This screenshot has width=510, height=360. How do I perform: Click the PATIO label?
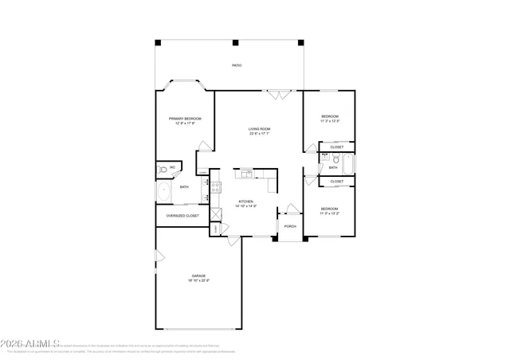click(x=237, y=65)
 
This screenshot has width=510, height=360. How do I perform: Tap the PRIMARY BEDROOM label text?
click(x=184, y=118)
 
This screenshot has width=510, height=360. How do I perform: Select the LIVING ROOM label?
click(x=259, y=129)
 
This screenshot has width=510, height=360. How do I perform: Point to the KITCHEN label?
click(x=245, y=202)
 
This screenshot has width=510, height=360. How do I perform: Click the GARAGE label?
click(x=198, y=276)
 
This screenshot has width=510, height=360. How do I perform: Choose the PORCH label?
click(x=290, y=225)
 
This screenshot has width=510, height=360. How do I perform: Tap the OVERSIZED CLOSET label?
click(x=182, y=215)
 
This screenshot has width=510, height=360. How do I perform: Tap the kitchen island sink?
click(x=246, y=173)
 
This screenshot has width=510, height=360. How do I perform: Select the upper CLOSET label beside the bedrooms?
click(x=337, y=147)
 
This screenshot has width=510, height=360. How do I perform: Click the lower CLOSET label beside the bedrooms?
click(x=337, y=181)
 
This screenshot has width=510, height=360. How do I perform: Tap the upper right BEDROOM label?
click(x=329, y=117)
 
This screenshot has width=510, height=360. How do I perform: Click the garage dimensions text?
click(x=198, y=280)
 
